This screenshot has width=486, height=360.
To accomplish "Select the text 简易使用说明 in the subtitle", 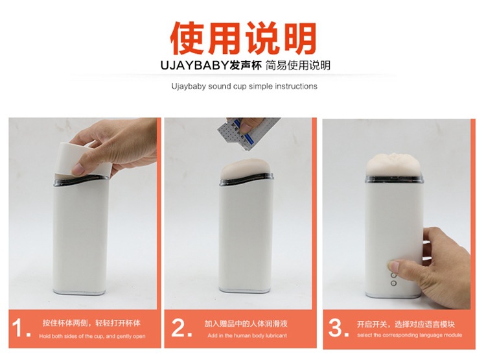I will click(x=298, y=66).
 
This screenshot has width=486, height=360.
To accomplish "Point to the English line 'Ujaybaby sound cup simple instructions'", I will click(x=244, y=86).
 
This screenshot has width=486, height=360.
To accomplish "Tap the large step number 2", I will click(x=181, y=328).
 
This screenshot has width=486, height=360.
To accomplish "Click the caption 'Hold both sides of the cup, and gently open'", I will click(x=92, y=337).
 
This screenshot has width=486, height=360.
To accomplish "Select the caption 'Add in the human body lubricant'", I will click(x=248, y=337).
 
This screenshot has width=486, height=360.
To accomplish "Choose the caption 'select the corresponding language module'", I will click(x=410, y=335).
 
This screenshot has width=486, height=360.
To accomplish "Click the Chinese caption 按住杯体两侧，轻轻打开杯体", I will click(x=91, y=323).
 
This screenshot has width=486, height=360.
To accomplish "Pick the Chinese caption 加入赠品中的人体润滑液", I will click(x=246, y=323).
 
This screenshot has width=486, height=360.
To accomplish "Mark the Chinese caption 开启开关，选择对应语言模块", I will click(x=406, y=323).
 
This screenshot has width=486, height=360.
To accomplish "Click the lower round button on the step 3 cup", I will click(x=393, y=283).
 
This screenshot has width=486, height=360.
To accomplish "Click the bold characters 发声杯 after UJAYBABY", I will click(x=246, y=66).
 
